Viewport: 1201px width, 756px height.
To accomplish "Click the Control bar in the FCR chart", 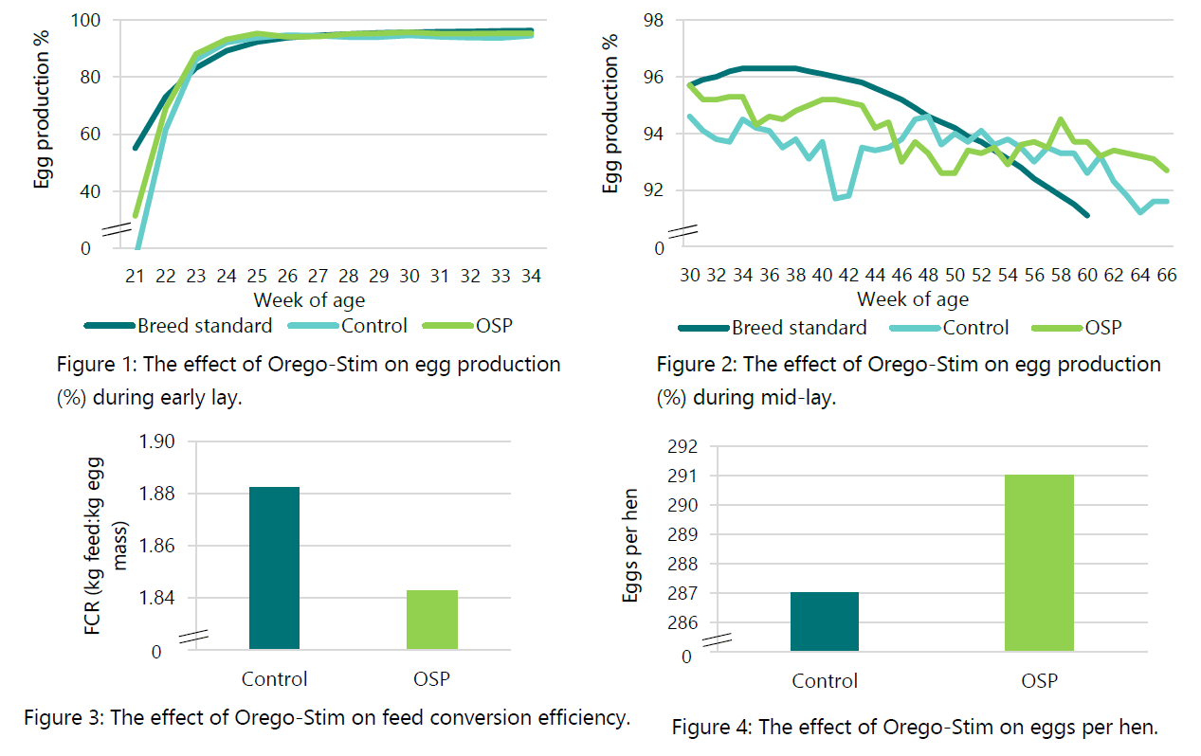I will click(x=274, y=567).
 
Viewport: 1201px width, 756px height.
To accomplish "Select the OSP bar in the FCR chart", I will click(x=432, y=620).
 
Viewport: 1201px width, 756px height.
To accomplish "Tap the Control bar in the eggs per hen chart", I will click(x=824, y=621).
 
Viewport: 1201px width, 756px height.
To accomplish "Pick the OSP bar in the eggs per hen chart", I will click(x=1039, y=563).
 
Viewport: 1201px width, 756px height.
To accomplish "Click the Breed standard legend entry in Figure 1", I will click(x=204, y=326).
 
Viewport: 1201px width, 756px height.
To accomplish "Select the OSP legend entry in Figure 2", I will click(x=1102, y=328).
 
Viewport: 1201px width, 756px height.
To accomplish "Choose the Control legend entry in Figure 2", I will click(x=975, y=328).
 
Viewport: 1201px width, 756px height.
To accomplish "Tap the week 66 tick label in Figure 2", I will click(x=1165, y=275).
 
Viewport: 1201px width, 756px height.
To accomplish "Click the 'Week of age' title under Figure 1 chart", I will click(x=310, y=300).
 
